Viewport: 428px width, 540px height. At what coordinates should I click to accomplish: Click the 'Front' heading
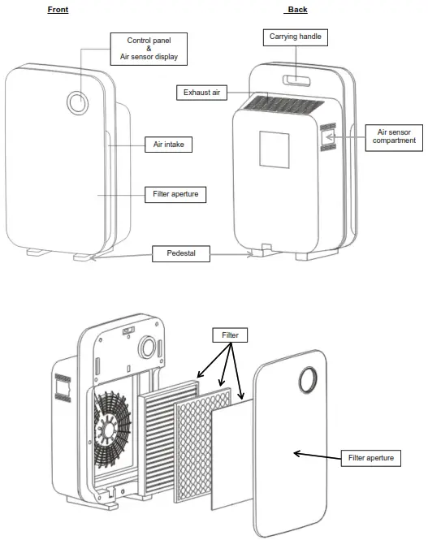58,9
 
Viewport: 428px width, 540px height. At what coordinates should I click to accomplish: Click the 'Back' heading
297,9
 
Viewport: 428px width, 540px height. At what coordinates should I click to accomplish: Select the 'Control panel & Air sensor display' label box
149,49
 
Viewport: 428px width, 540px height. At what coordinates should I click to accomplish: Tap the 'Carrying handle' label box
295,37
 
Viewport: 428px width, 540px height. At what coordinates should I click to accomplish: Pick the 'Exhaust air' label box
201,93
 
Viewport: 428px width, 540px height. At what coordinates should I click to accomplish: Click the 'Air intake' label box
168,144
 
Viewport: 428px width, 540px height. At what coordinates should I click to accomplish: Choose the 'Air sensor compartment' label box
396,136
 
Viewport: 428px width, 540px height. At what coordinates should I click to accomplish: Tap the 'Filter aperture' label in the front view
175,195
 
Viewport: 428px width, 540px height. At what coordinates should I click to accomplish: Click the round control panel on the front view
77,102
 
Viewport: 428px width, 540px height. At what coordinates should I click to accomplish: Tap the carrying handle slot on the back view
296,80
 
